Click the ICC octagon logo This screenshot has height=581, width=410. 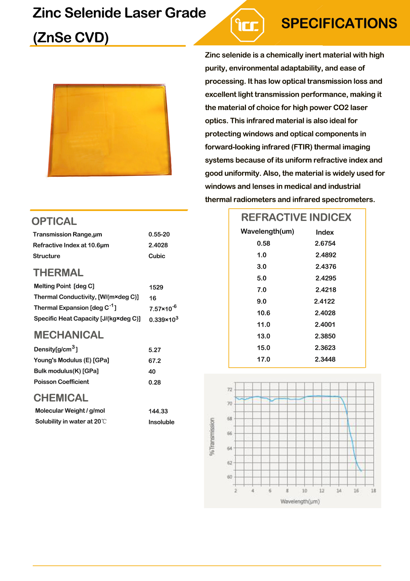pos(247,25)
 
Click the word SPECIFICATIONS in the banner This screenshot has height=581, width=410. pos(339,24)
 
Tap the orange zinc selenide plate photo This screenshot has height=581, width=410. pos(110,130)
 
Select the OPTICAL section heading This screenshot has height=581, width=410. pos(54,221)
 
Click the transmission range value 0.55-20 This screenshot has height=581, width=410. pos(159,235)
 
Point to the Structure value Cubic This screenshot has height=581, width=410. pos(157,256)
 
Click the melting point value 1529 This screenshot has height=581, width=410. pos(156,287)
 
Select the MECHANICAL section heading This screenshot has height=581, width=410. pos(69,335)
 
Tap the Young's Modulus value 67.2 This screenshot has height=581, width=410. pos(155,361)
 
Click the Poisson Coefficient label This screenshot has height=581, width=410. pos(61,382)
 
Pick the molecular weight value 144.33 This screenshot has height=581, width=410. pos(158,411)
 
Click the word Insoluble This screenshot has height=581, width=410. pos(161,422)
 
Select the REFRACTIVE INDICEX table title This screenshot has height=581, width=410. pos(296,217)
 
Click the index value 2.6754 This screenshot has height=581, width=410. pos(325,243)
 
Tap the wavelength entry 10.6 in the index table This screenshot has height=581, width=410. pos(264,313)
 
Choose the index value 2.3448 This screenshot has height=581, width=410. pos(325,359)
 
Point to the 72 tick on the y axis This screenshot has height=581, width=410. pos(230,390)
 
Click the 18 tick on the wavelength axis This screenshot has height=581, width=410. pos(373,491)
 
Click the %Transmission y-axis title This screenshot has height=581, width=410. pos(212,437)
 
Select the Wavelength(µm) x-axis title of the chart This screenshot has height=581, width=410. pos(300,502)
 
